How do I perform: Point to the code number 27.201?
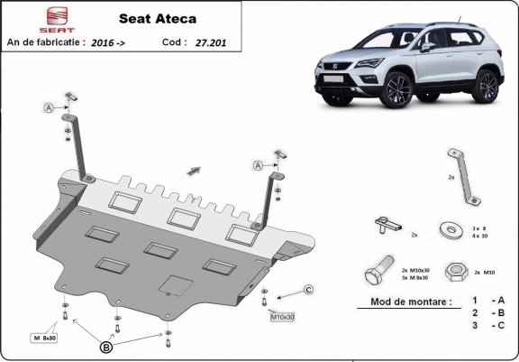[211, 42]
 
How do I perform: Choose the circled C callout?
[306, 289]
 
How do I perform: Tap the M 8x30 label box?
[45, 338]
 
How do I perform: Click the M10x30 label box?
[282, 317]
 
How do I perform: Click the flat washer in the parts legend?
[448, 229]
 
